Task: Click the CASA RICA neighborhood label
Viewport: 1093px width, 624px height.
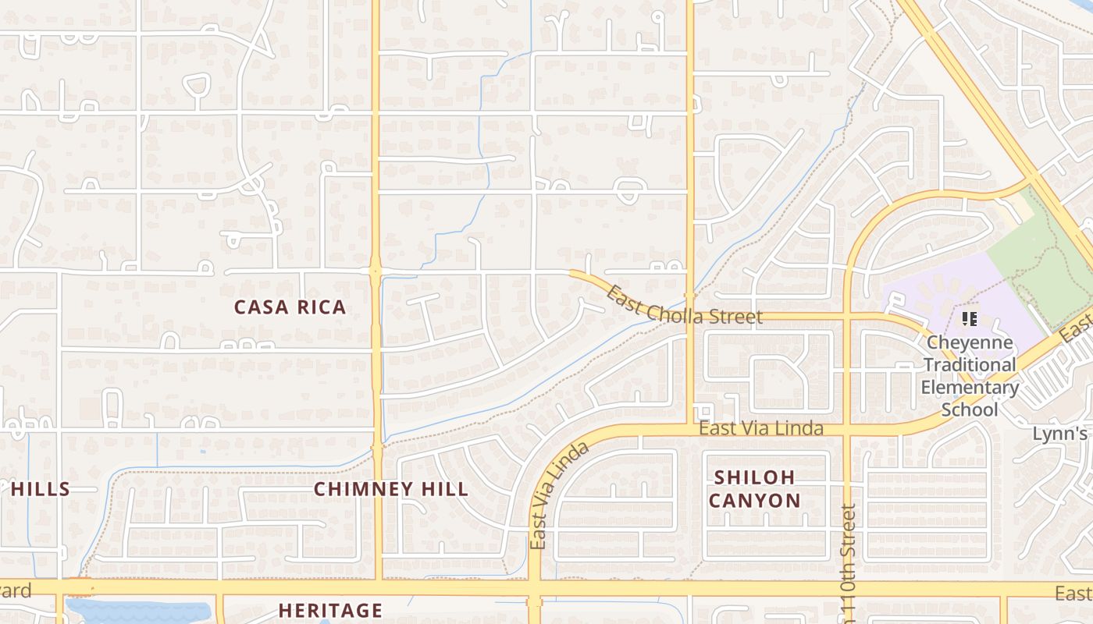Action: click(290, 307)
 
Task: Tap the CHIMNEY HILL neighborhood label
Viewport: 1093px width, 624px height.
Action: click(391, 490)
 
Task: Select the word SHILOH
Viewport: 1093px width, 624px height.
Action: click(754, 477)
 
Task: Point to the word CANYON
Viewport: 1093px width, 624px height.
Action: click(754, 501)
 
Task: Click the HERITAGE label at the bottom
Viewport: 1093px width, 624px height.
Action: click(330, 610)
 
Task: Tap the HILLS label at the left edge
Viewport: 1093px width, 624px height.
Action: click(41, 490)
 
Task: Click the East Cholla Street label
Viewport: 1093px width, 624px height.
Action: click(684, 307)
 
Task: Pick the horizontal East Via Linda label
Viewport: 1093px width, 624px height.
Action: click(760, 428)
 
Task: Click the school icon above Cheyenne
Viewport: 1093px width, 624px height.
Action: click(970, 319)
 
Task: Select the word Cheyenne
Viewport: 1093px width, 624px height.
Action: click(969, 343)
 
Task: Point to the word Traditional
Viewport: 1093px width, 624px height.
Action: click(969, 365)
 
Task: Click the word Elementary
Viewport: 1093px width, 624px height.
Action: click(969, 388)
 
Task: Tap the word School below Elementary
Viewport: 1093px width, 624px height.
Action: click(969, 409)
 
